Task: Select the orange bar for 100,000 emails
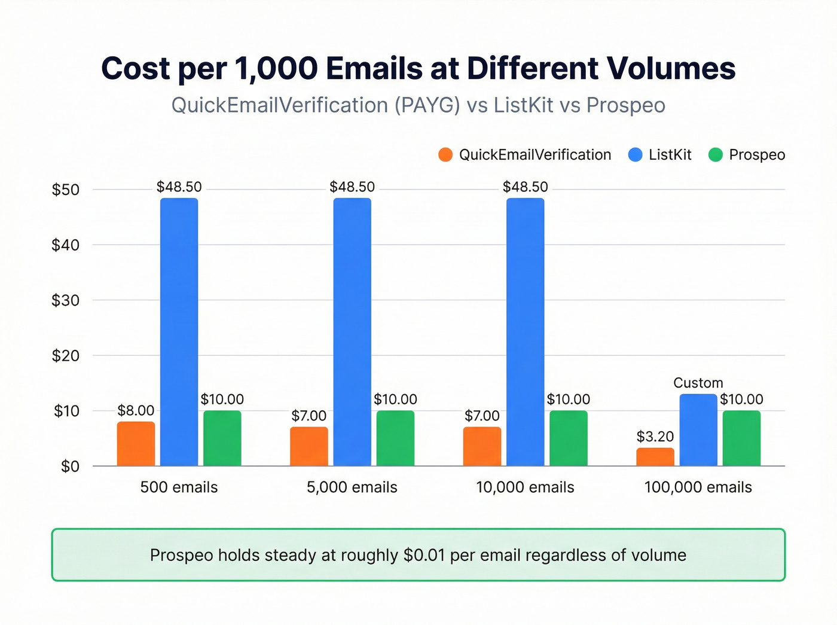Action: tap(655, 457)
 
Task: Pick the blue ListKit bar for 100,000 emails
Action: tap(698, 430)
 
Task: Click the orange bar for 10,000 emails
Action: tap(482, 446)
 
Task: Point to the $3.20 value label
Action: tap(655, 437)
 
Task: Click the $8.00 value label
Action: tap(136, 410)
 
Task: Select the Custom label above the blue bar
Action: tap(698, 383)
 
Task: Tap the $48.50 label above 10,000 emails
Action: tap(525, 187)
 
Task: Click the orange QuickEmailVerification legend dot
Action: tap(445, 155)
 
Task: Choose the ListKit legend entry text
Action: tap(670, 155)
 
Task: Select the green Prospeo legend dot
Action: tap(715, 155)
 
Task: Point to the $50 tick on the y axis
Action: tap(65, 190)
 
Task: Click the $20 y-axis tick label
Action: tap(65, 355)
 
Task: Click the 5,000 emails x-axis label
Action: tap(352, 487)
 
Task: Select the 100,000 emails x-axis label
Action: tap(698, 487)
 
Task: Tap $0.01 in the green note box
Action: tap(424, 555)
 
